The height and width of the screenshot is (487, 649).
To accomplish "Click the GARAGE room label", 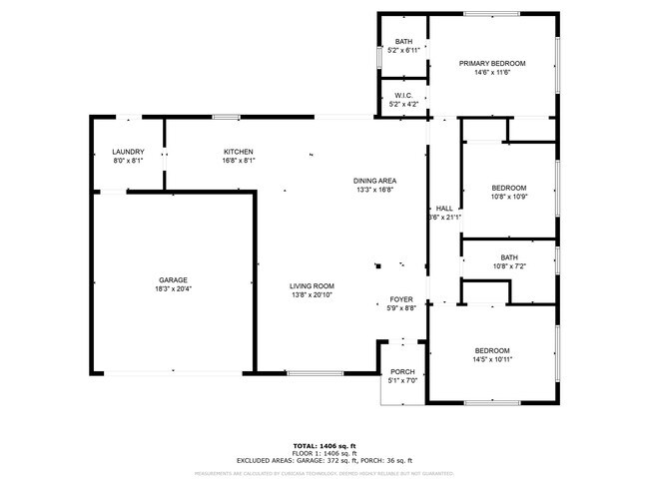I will click(x=173, y=279).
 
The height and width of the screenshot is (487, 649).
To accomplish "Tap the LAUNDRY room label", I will click(x=128, y=151).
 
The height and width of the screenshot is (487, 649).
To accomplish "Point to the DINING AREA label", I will click(x=373, y=180).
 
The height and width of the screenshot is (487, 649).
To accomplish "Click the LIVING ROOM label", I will click(x=312, y=285).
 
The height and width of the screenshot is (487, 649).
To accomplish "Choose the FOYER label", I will click(x=401, y=299).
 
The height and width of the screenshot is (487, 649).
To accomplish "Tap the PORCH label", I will click(x=402, y=371).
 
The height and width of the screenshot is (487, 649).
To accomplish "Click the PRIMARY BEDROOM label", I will click(x=492, y=63).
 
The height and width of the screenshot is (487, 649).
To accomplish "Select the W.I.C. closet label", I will click(x=402, y=95).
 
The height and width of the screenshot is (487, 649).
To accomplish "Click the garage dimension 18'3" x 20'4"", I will click(x=173, y=289).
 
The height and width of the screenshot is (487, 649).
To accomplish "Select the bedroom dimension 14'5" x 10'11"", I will click(x=492, y=359).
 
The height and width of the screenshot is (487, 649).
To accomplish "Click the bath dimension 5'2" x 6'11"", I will click(x=402, y=50).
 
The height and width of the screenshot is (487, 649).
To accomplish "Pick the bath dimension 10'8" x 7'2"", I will click(x=508, y=266).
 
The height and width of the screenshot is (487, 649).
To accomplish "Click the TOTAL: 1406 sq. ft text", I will click(x=324, y=445).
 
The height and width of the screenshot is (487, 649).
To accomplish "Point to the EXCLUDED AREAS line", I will click(x=324, y=460).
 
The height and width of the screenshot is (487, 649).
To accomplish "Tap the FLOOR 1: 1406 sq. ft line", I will click(x=324, y=453).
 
